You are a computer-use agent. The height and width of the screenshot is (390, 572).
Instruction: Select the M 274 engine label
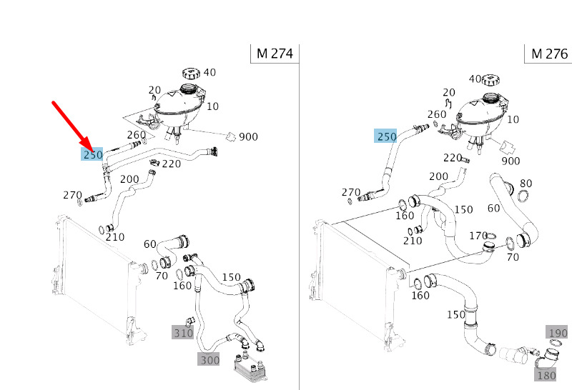pos(275,54)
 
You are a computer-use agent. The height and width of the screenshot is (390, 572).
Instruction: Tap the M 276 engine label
pos(549,54)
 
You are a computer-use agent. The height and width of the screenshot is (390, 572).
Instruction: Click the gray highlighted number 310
pos(183,332)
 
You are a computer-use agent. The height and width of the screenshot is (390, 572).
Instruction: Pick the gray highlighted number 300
pos(209,359)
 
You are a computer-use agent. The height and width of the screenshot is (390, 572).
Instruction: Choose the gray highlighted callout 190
pos(558,332)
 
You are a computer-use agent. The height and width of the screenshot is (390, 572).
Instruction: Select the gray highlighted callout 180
pos(546,375)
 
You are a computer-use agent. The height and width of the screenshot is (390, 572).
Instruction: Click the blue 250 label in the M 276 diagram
pos(386,136)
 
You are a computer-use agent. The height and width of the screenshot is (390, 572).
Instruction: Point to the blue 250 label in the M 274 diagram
pos(93,154)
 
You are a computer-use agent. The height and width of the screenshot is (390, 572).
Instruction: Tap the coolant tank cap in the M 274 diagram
pos(192,74)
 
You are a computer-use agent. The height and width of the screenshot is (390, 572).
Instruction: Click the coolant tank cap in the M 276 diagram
pos(490,80)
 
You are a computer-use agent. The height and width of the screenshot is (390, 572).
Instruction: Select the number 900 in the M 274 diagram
pos(248,136)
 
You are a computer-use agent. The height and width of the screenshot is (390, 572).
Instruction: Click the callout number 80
pos(526,183)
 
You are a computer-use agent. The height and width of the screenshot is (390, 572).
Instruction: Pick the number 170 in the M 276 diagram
pos(478,236)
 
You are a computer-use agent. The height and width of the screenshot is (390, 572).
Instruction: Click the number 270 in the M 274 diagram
pos(72,195)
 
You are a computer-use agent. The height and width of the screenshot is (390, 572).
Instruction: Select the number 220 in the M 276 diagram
pos(453,157)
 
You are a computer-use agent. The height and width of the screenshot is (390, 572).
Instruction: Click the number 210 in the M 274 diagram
pos(115,237)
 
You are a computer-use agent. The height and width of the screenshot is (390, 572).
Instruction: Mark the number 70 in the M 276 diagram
pos(513,257)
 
